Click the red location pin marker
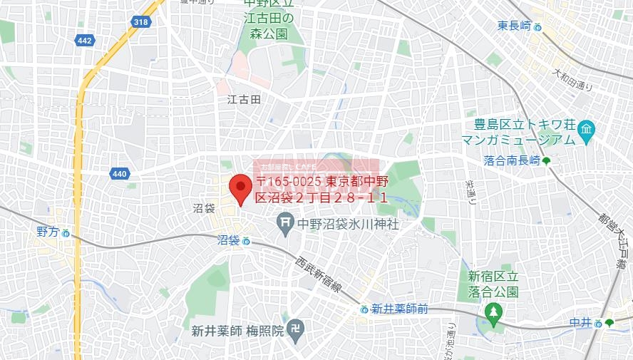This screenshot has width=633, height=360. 240,190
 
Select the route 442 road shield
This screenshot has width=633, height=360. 84,41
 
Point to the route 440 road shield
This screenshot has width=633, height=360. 119,173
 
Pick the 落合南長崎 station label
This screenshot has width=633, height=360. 510,161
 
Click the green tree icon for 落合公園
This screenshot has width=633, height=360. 493,312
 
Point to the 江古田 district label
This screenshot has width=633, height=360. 244,99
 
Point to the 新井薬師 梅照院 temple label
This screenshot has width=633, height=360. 237,331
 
